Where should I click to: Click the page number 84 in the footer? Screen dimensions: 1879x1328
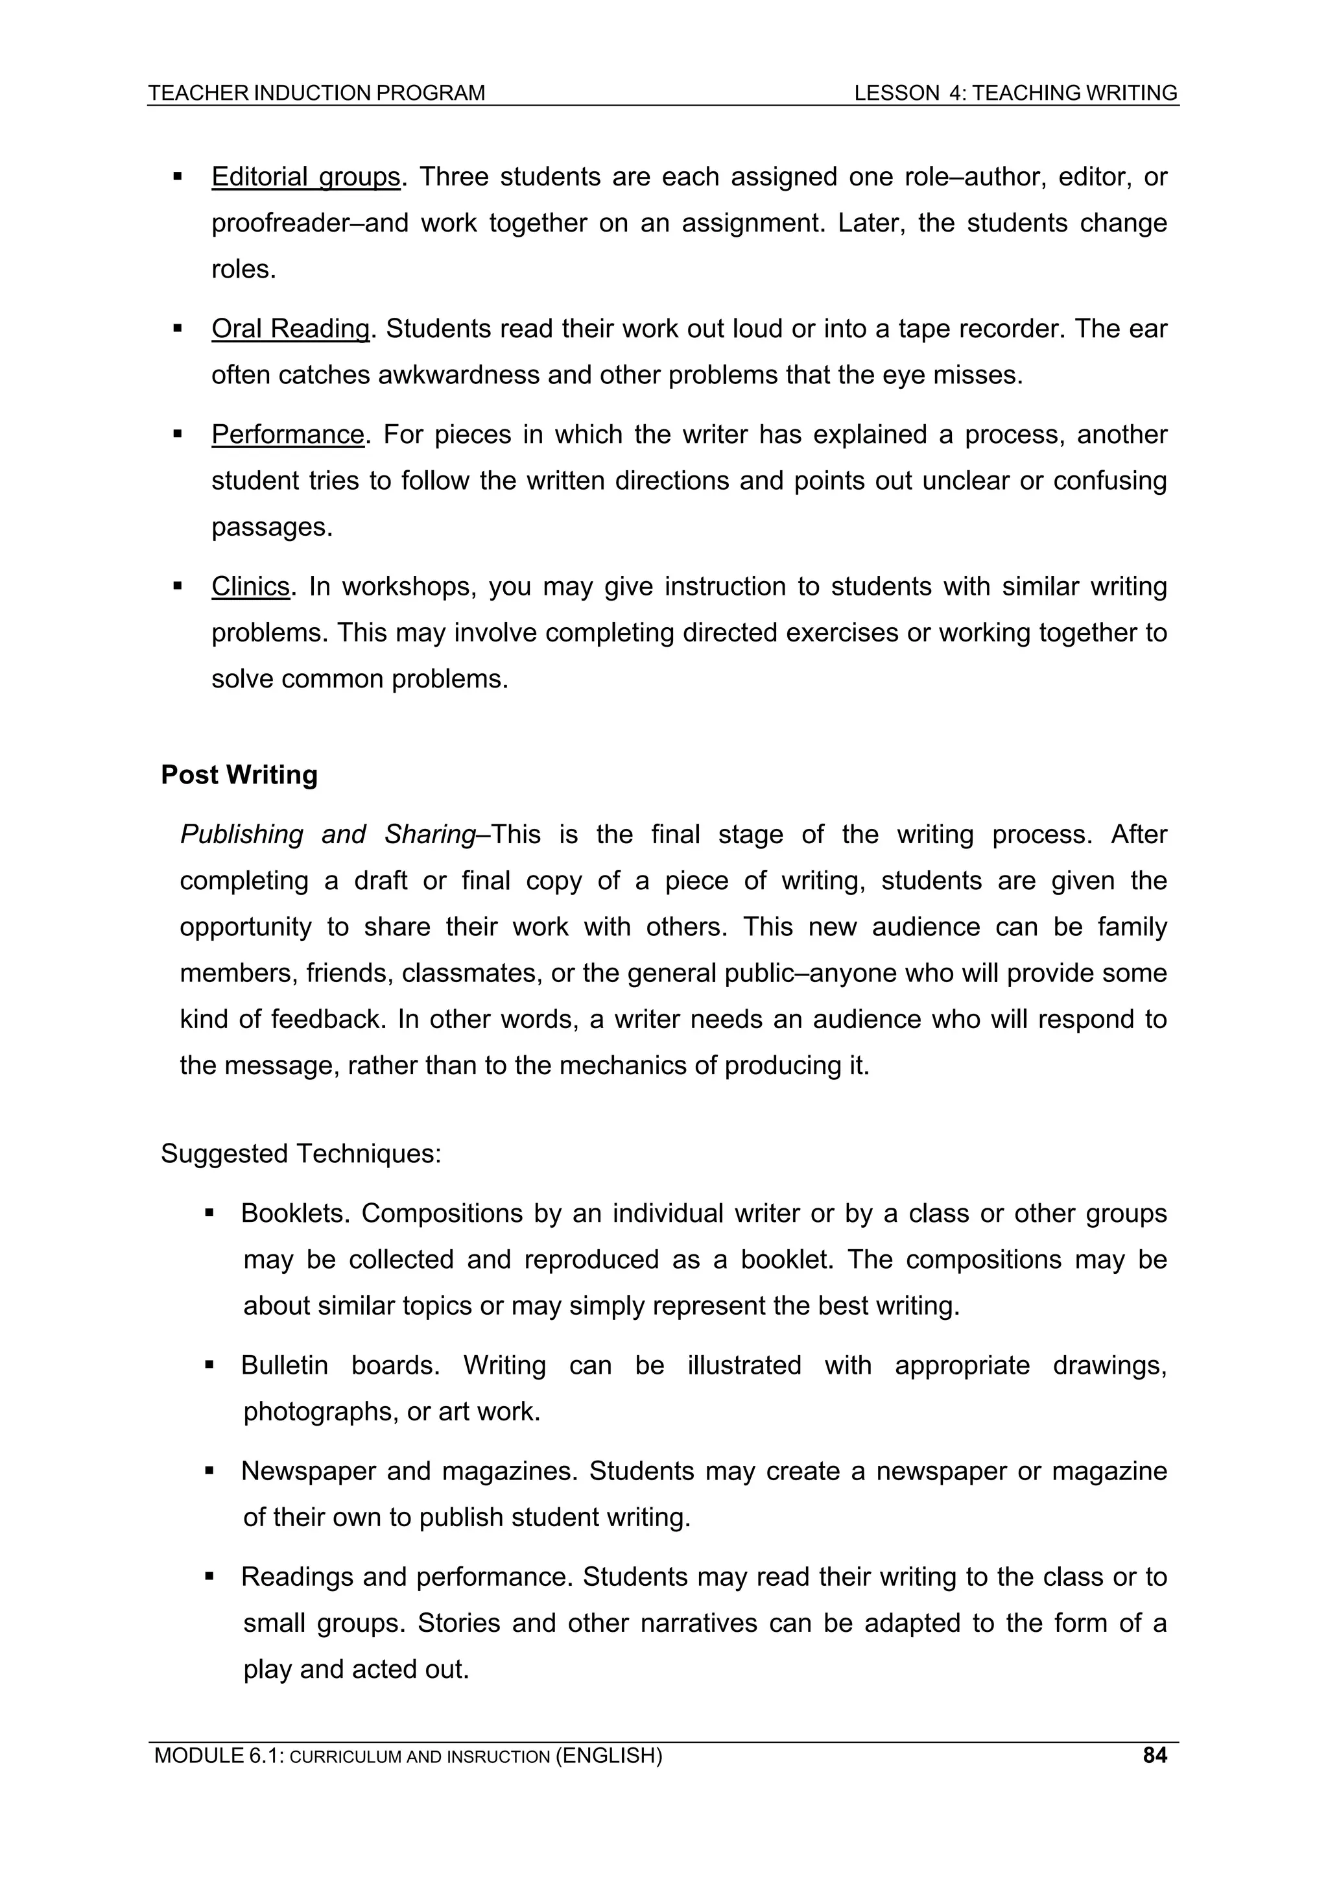click(1154, 1754)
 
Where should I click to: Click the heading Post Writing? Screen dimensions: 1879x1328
click(239, 774)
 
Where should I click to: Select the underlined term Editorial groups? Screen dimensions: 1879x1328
click(305, 177)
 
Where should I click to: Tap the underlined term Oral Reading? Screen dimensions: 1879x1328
click(290, 328)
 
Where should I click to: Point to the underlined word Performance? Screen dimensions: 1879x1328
click(287, 434)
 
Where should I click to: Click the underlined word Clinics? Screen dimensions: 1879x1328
click(250, 586)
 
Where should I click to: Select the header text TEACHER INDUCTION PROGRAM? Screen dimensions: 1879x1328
click(316, 93)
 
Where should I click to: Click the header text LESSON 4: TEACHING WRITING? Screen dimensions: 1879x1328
click(1015, 93)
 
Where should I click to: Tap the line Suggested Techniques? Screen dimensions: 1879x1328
click(301, 1153)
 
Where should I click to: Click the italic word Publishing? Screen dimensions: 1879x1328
click(241, 834)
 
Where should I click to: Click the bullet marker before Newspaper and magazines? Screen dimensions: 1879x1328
click(209, 1470)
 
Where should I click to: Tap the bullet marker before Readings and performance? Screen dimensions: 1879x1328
click(209, 1576)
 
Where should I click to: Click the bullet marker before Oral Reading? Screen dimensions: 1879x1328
click(178, 328)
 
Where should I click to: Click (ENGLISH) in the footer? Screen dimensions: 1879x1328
click(609, 1754)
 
